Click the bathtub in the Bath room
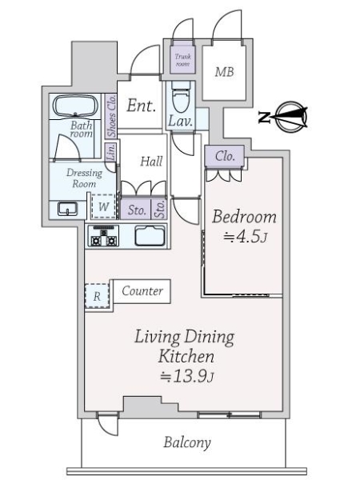pos(75,106)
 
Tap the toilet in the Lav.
pos(181,97)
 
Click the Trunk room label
pos(182,60)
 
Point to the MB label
pos(224,72)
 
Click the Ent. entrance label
pos(141,106)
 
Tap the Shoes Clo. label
pos(111,116)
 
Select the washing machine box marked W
pos(103,206)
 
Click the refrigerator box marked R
pos(97,296)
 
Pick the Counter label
pos(142,291)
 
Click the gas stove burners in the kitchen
pos(104,236)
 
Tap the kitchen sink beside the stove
pos(150,236)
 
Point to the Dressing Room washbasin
pos(68,209)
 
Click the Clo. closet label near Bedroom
pos(225,157)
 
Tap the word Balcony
pos(187,442)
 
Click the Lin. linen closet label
pos(111,151)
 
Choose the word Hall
pos(151,162)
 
